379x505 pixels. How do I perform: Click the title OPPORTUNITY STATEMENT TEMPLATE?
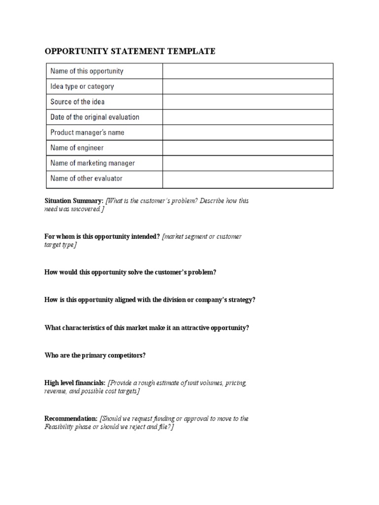pyautogui.click(x=130, y=51)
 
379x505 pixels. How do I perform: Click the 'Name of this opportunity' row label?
pyautogui.click(x=87, y=71)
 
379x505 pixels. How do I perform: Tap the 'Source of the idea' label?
pyautogui.click(x=77, y=102)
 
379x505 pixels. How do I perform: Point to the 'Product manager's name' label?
pyautogui.click(x=87, y=132)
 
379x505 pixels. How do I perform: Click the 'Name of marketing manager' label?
pyautogui.click(x=92, y=163)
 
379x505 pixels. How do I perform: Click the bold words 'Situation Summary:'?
pyautogui.click(x=74, y=201)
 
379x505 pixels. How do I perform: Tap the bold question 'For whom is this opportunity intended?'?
pyautogui.click(x=102, y=236)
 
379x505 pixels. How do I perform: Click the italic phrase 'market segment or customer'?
pyautogui.click(x=203, y=236)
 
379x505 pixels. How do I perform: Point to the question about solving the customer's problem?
pyautogui.click(x=130, y=272)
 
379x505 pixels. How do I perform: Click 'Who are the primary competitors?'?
pyautogui.click(x=95, y=355)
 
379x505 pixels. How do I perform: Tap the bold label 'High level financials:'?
pyautogui.click(x=75, y=383)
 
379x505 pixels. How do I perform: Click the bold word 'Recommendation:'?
pyautogui.click(x=71, y=418)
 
